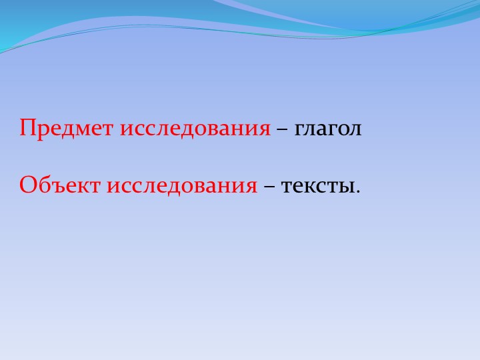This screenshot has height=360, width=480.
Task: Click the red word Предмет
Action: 67,127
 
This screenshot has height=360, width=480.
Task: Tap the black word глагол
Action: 328,127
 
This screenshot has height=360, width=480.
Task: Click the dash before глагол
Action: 282,127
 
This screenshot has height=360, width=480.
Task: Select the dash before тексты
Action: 269,185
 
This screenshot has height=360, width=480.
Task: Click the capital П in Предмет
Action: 27,126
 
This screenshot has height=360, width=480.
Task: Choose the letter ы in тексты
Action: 348,186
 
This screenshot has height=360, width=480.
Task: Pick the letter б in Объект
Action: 43,185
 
